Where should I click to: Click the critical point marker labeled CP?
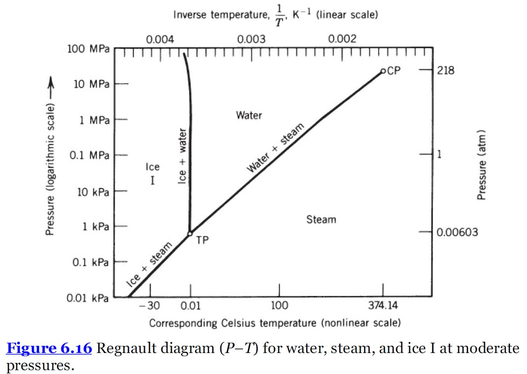pos(383,71)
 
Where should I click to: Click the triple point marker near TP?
pos(190,233)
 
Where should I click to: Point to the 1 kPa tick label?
pos(96,227)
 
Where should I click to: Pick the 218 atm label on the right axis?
pos(446,70)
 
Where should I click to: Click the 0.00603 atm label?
pos(457,233)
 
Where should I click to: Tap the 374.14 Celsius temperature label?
pos(383,306)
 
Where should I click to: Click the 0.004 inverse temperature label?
pos(160,40)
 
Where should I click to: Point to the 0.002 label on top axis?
pos(342,40)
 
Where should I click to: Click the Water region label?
pos(249,115)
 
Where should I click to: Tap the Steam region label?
pos(321,220)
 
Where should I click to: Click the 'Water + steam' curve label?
pos(276,148)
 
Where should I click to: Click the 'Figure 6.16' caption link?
pos(49,349)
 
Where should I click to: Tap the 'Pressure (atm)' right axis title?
pos(482,164)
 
